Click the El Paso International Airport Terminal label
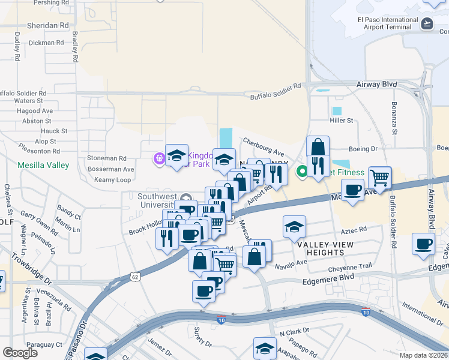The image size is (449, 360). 387,23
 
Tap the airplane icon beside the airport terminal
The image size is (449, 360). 427,23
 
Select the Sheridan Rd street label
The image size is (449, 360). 48,26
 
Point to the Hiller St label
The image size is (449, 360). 342,121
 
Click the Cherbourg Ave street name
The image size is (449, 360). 263,146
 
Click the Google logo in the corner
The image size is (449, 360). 20,353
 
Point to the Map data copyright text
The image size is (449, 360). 423,355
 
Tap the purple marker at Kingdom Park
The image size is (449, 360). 159,158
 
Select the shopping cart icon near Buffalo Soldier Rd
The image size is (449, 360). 380,178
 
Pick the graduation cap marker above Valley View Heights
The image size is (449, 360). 294,227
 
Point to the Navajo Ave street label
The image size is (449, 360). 292,263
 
